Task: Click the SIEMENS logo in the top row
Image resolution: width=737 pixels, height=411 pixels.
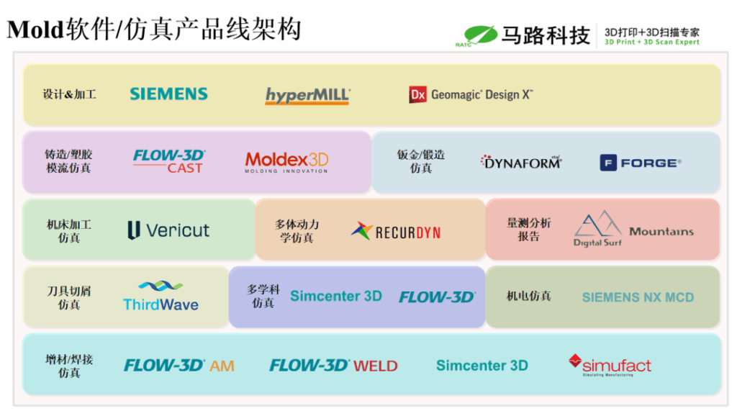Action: click(x=168, y=94)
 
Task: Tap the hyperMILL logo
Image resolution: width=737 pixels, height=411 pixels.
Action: click(x=307, y=96)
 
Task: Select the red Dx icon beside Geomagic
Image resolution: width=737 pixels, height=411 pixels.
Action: click(x=418, y=95)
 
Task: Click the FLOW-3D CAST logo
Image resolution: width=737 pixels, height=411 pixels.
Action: click(x=169, y=161)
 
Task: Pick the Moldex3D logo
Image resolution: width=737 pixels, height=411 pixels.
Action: click(x=286, y=162)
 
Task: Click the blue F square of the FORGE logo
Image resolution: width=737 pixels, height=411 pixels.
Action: click(x=609, y=163)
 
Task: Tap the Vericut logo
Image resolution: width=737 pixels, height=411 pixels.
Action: click(x=168, y=230)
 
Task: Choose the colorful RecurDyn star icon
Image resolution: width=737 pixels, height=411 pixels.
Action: click(x=361, y=231)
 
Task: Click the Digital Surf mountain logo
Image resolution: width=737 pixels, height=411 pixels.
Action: click(x=597, y=229)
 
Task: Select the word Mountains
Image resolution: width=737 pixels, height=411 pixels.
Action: click(x=661, y=231)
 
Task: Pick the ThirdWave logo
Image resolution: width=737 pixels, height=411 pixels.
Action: click(x=160, y=296)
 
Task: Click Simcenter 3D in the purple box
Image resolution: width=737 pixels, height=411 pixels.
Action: click(x=335, y=296)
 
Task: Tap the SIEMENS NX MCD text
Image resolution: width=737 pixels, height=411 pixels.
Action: click(x=638, y=297)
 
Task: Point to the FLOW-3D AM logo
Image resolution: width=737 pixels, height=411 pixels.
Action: click(x=179, y=366)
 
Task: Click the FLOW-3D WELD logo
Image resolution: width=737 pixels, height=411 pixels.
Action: click(x=333, y=366)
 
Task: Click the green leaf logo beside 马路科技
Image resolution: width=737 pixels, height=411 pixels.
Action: click(x=480, y=34)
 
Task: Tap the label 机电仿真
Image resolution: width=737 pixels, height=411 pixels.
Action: click(x=529, y=296)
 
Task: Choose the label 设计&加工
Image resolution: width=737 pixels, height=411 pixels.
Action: click(x=69, y=94)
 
